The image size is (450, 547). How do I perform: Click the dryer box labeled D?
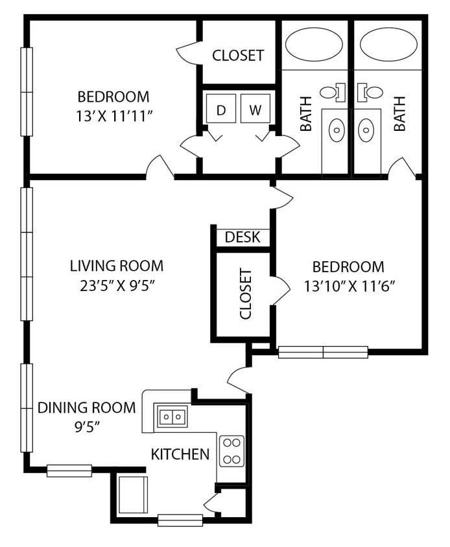(221, 110)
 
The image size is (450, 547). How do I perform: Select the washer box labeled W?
(255, 110)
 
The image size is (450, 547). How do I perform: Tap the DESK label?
(243, 237)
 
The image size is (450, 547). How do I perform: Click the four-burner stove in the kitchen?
(231, 451)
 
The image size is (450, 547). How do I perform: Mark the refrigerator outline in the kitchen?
(134, 495)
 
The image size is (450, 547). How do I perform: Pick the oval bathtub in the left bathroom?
(314, 44)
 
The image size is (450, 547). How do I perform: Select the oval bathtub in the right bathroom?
(389, 44)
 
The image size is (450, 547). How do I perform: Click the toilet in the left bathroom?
(331, 92)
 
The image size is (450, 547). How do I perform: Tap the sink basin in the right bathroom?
(366, 132)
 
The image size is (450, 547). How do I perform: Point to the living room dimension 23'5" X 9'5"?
(117, 284)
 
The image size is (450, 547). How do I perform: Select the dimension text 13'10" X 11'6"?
(349, 285)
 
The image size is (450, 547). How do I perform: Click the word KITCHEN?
(180, 454)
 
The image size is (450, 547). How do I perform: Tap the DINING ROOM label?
(86, 408)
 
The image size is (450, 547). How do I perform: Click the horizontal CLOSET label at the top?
(238, 56)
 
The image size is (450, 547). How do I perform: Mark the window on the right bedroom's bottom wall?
(323, 352)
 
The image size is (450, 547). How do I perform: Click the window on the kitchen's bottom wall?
(180, 520)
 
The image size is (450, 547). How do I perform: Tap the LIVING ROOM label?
(117, 266)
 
